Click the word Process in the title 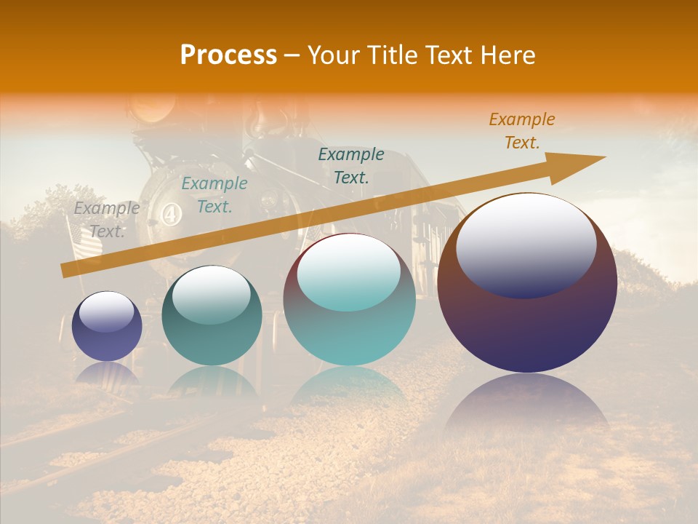[228, 55]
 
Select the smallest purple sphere [107, 327]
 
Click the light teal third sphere [349, 300]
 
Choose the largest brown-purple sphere [527, 284]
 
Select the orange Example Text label [522, 131]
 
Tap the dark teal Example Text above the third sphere [351, 166]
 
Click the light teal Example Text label [214, 195]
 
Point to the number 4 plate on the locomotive [172, 215]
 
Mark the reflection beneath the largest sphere [527, 408]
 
